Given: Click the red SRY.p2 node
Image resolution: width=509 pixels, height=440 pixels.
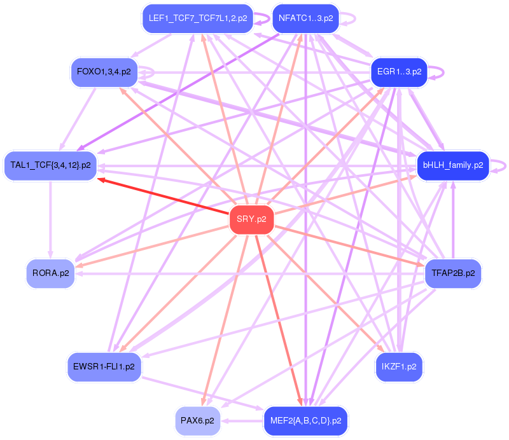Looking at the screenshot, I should (x=251, y=220).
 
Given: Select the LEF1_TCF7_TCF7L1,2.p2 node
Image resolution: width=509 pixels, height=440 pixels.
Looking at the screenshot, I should (x=198, y=18).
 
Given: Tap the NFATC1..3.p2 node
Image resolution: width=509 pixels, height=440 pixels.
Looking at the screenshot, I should (x=306, y=18).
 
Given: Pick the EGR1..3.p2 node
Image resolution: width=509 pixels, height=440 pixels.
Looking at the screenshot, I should (x=400, y=72).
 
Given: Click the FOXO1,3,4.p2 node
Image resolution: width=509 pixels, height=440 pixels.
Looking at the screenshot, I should (x=104, y=72).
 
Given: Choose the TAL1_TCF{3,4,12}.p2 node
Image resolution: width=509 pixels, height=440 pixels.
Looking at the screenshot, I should (x=51, y=165).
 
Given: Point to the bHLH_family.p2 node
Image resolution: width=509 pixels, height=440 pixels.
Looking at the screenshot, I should (x=453, y=165).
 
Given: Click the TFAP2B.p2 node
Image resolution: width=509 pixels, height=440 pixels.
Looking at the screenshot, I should (x=453, y=273).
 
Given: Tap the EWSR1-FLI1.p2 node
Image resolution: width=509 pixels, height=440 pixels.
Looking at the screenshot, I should (x=104, y=367).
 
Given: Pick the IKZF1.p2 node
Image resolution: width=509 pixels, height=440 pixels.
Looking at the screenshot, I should (x=399, y=367).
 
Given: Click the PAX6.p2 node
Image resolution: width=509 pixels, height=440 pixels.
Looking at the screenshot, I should (x=197, y=420).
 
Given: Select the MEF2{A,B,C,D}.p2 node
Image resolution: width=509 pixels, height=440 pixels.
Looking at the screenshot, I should (x=306, y=420).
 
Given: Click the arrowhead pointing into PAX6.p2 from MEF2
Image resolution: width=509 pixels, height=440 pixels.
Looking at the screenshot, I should (x=226, y=420).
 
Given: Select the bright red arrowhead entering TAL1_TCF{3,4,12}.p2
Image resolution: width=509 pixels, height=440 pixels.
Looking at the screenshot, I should (x=102, y=180).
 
